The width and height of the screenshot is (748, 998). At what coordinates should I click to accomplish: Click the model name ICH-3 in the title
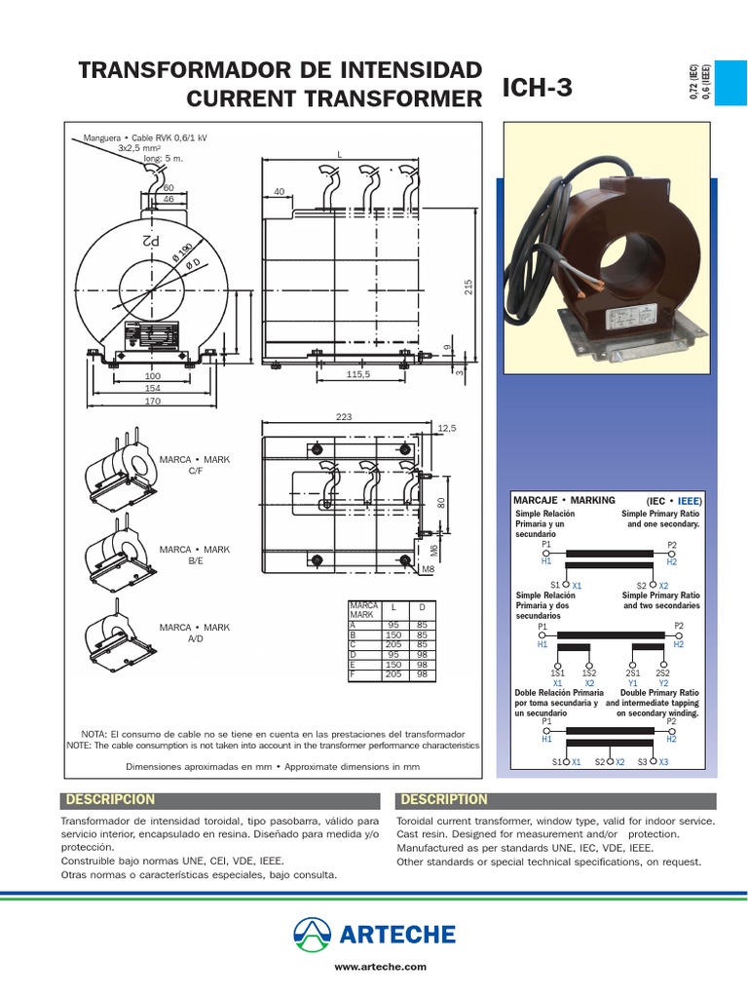point(537,89)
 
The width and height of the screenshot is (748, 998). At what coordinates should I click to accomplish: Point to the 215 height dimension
point(467,287)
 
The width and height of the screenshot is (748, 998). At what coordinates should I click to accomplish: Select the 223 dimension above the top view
point(342,416)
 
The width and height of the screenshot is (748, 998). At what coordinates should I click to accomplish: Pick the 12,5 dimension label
point(448,428)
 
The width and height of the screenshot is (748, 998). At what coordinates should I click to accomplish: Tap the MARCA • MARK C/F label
point(194,464)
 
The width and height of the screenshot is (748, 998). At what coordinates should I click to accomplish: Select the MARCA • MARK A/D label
point(194,633)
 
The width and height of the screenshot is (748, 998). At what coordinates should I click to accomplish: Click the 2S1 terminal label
point(633,673)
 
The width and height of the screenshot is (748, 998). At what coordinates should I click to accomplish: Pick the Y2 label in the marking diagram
point(662,683)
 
